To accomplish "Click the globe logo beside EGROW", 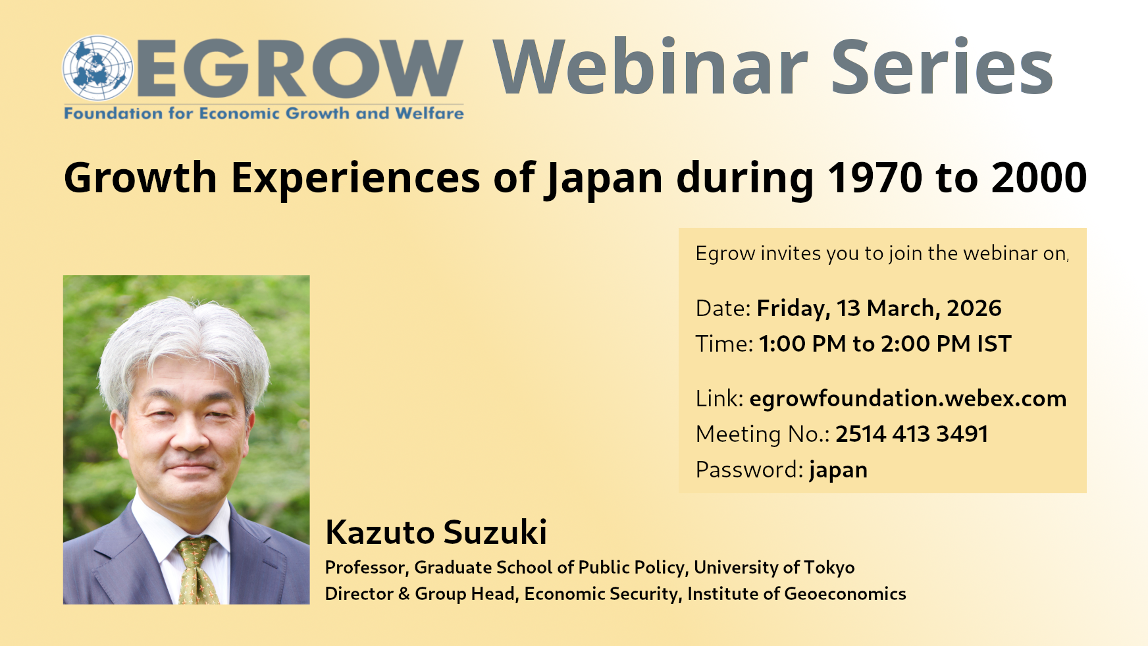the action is click(98, 68).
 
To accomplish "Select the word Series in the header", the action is click(942, 67).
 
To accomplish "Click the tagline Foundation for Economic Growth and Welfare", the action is click(264, 113).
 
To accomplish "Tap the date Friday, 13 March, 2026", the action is click(879, 308).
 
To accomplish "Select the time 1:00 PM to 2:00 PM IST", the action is click(885, 344).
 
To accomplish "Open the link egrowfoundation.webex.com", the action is click(908, 399).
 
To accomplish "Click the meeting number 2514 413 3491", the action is click(912, 434).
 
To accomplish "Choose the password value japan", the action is click(838, 471).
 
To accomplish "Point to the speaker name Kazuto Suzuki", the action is click(436, 532).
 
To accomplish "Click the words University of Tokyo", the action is click(774, 568).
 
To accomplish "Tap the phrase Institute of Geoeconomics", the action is click(796, 594).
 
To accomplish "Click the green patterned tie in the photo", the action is click(197, 570).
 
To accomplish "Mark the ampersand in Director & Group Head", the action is click(404, 594).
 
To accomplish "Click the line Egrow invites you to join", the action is click(882, 254).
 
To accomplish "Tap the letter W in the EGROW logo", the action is click(413, 68).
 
